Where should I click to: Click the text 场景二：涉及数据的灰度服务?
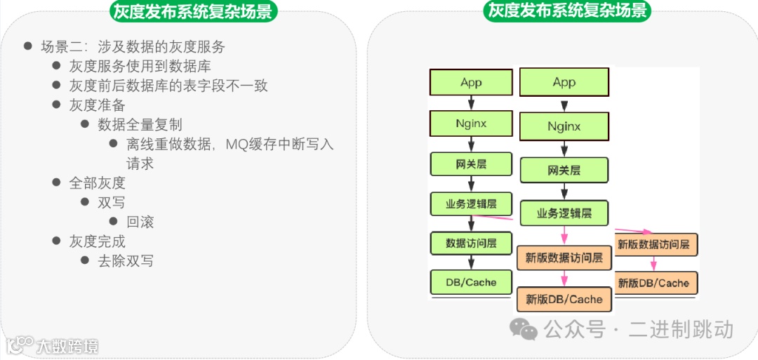click(133, 47)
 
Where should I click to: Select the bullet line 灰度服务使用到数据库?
click(140, 66)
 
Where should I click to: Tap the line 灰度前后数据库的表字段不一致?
click(168, 86)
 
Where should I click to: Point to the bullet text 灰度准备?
click(97, 105)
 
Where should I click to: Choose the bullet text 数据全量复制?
click(140, 124)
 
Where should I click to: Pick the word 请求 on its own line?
click(140, 164)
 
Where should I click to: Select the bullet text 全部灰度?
click(97, 183)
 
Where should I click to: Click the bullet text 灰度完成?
click(97, 241)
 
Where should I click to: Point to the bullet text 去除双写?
click(126, 261)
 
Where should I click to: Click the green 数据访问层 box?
click(471, 244)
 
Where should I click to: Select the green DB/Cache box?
click(471, 283)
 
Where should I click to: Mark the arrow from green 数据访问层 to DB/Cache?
click(471, 262)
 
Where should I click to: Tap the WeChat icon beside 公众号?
click(524, 328)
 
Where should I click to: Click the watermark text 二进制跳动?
click(681, 328)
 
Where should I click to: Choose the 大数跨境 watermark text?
click(67, 346)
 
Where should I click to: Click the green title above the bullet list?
click(193, 11)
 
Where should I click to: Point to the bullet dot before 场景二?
click(28, 46)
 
